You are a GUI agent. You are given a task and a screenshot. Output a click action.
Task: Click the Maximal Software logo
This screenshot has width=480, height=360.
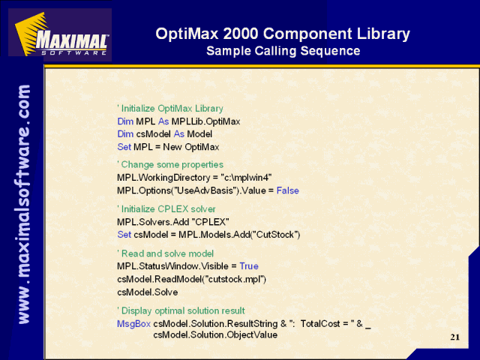60,34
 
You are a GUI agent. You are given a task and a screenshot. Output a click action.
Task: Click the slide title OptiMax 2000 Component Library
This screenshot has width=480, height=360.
283,33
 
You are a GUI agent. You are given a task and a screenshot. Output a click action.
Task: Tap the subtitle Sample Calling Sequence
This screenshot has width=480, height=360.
283,51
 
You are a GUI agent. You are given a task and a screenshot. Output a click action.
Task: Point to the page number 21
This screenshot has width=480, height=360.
455,337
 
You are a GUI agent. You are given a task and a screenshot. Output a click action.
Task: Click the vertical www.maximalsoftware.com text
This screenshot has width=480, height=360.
23,205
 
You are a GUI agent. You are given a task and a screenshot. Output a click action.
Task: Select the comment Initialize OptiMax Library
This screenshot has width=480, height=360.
170,109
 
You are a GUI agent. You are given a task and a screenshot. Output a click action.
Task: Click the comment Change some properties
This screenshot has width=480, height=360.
170,165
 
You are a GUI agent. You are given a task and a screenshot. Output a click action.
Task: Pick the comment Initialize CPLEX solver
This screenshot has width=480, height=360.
166,209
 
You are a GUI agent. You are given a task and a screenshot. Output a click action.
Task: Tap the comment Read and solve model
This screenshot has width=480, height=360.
165,253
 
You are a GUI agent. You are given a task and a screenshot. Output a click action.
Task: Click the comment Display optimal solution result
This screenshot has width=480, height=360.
181,310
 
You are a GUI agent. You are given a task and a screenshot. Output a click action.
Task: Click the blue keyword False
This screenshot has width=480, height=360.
288,190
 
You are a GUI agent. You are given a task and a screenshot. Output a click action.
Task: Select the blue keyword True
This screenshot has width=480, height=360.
249,266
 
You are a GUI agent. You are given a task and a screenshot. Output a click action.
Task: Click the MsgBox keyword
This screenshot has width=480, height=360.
133,324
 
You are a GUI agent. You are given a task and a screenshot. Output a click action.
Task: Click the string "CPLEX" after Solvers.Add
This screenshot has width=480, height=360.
210,222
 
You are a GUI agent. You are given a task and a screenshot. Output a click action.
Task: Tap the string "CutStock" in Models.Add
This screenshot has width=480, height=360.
275,235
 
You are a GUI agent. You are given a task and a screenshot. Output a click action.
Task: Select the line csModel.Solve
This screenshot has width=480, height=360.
147,292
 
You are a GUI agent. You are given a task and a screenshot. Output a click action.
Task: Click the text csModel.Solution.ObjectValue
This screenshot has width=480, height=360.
215,335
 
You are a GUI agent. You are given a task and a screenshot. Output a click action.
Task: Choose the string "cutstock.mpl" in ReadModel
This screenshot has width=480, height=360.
234,279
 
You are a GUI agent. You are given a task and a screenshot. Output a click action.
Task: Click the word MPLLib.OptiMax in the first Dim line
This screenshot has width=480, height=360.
205,121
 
